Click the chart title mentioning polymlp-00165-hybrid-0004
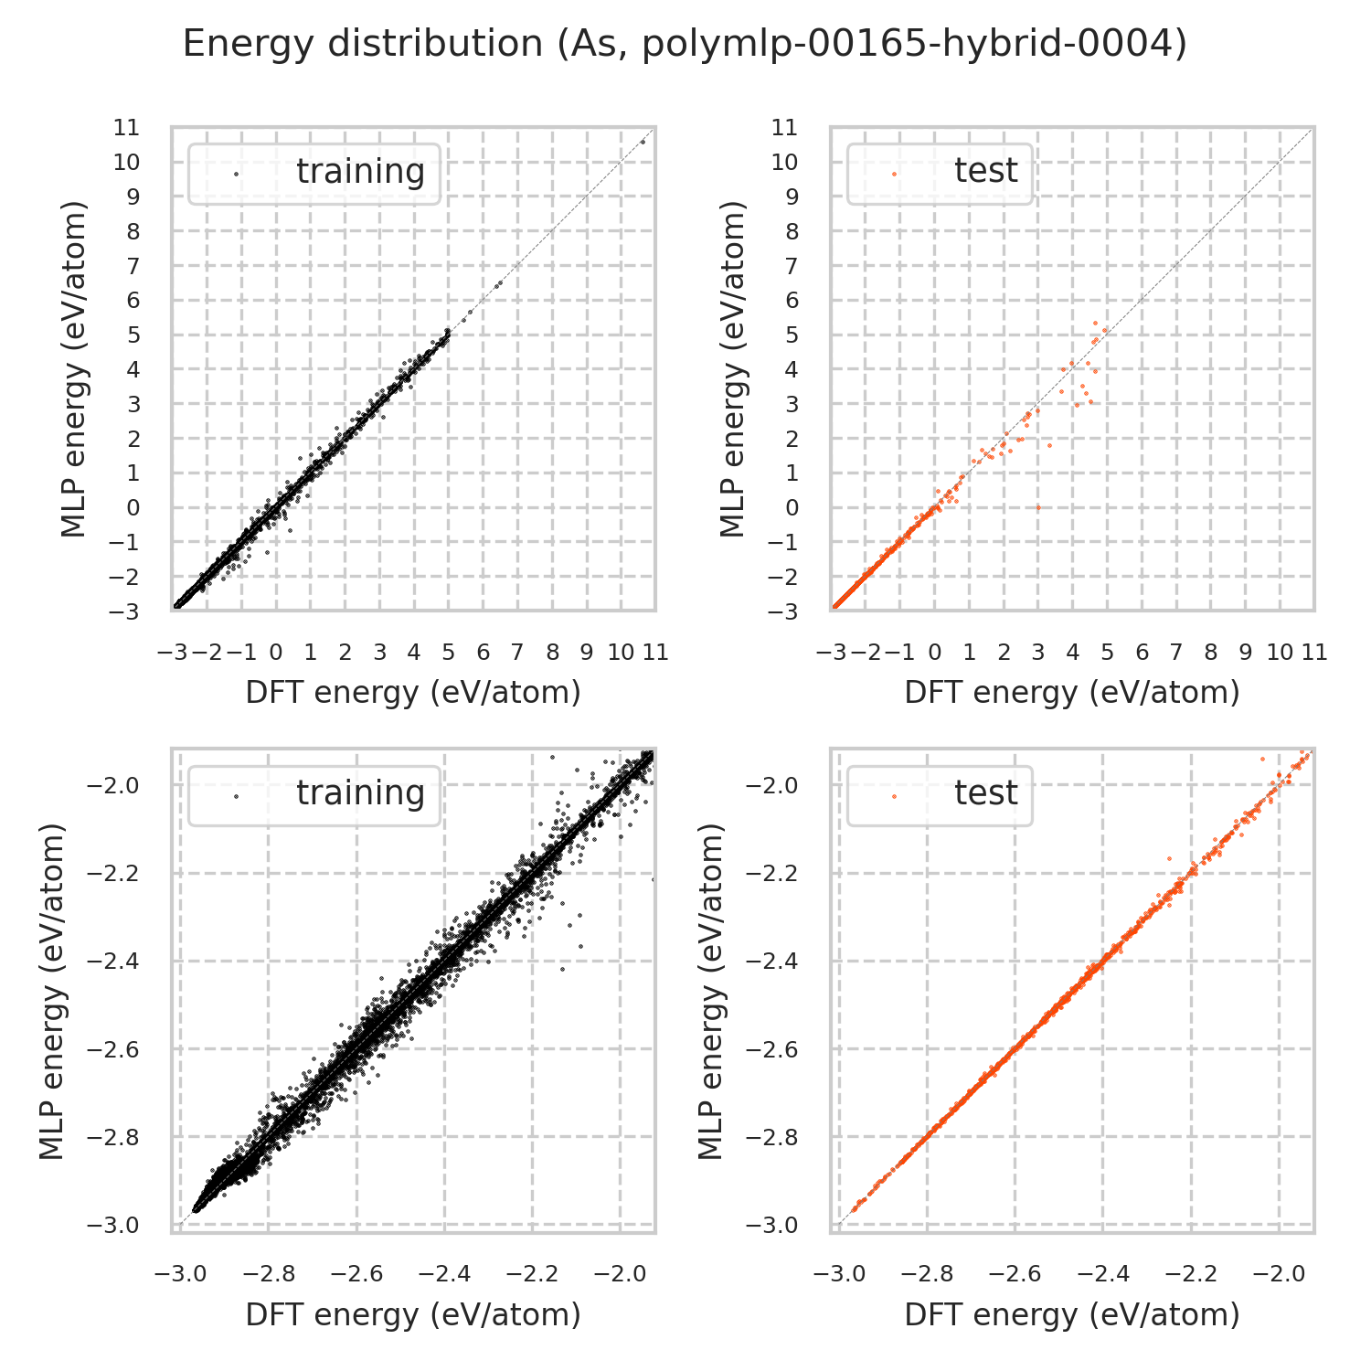[x=685, y=44]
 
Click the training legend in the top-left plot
[x=314, y=173]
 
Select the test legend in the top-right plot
[x=940, y=173]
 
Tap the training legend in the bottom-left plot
[x=314, y=794]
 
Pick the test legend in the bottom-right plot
[x=940, y=794]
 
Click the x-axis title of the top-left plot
[x=413, y=693]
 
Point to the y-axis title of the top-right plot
[x=733, y=369]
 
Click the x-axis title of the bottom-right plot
[x=1072, y=1314]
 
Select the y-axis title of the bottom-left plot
[x=53, y=991]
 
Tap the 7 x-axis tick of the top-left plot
[x=517, y=653]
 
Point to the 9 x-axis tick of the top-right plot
[x=1245, y=653]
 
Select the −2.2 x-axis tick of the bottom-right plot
[x=1191, y=1274]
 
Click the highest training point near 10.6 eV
[x=643, y=142]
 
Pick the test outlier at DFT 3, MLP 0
[x=1038, y=507]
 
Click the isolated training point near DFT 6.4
[x=498, y=283]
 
